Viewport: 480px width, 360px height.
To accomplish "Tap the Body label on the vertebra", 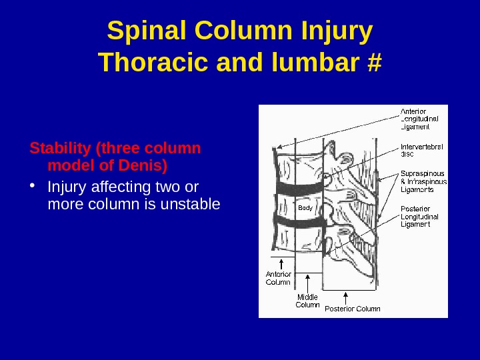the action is coord(305,208).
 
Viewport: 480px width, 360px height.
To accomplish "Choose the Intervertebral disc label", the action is coord(422,150).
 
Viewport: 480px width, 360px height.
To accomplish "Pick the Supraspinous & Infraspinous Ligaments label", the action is coord(423,181).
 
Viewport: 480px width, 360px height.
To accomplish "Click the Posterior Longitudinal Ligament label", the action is coord(419,216).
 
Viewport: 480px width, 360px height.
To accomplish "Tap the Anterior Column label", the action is coord(279,278).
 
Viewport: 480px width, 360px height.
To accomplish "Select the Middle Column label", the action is coord(307,301).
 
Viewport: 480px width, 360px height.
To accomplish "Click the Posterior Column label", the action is coord(352,309).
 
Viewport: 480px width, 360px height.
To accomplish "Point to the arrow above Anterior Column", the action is coord(281,263).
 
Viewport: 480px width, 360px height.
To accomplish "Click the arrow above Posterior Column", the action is coord(345,297).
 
